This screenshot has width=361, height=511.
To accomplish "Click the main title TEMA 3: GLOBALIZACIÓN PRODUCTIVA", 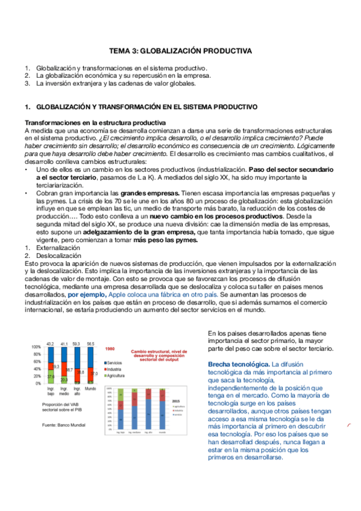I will pos(180,51).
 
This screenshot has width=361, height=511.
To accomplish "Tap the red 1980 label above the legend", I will pos(110,349).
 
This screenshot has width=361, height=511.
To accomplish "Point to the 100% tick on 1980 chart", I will pos(36,347).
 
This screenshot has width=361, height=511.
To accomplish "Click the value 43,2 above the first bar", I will pos(51,343).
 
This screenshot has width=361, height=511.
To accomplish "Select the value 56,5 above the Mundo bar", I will pos(90,343).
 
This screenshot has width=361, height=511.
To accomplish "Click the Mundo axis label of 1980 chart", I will pos(90,389).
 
